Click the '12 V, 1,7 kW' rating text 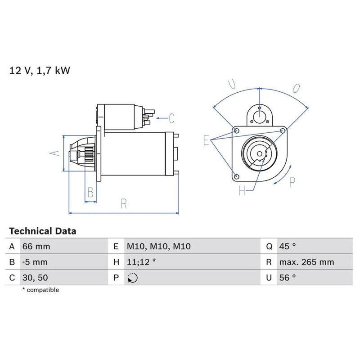coord(40,71)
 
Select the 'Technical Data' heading coord(43,231)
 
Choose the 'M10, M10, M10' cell coord(158,247)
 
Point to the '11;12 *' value coord(141,262)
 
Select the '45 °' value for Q coord(288,247)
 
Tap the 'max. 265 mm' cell coord(306,262)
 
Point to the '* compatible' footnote coord(40,290)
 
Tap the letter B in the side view coord(90,193)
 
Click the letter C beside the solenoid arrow coord(171,119)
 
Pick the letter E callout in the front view coord(206,140)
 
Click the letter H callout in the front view coord(243,191)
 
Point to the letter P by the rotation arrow coord(291,183)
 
